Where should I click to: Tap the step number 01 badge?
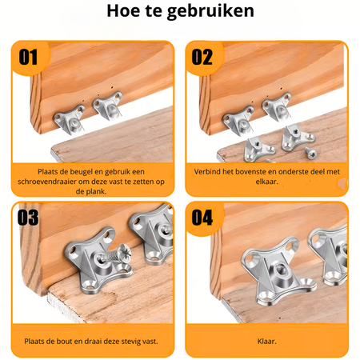pyautogui.click(x=29, y=57)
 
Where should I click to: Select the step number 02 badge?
pyautogui.click(x=202, y=57)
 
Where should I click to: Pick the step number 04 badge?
pyautogui.click(x=202, y=218)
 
